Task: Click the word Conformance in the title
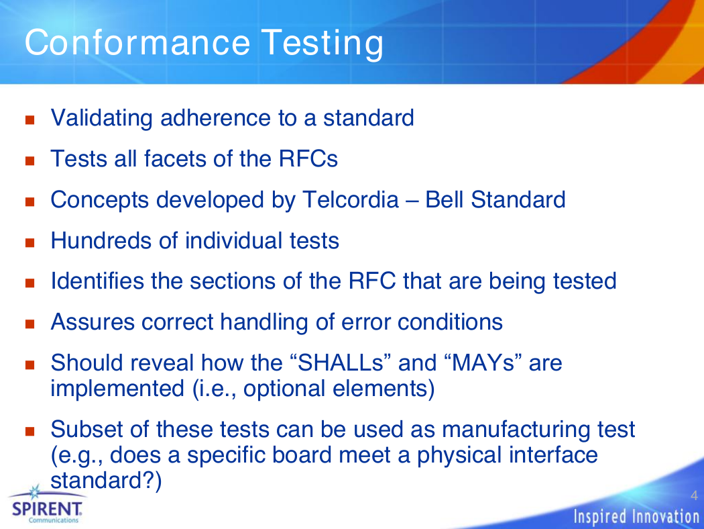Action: click(137, 42)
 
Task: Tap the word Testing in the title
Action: click(322, 44)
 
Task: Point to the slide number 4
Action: click(694, 495)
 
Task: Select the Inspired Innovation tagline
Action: click(636, 516)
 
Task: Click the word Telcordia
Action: click(351, 199)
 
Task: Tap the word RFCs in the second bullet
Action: click(308, 158)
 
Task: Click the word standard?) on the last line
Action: click(106, 481)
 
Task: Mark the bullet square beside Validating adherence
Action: click(30, 119)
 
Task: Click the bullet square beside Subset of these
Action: click(30, 432)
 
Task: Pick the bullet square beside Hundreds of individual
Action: click(30, 243)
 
